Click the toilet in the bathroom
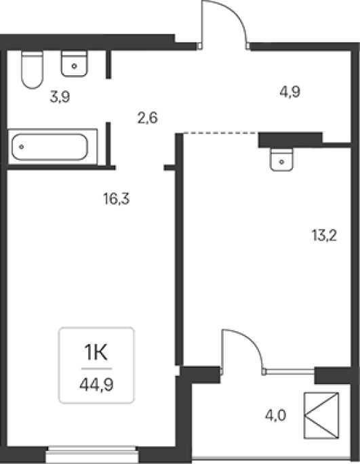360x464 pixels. [33, 70]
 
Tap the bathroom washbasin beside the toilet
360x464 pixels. [75, 64]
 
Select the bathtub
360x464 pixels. [52, 147]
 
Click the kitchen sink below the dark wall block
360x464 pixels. [281, 160]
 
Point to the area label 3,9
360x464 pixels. [60, 97]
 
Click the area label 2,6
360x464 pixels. [147, 118]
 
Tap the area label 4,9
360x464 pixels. [289, 91]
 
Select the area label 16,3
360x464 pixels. [117, 198]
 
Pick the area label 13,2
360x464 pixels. [324, 236]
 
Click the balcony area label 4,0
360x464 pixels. [275, 415]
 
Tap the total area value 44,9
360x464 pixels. [96, 385]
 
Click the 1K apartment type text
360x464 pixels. [96, 352]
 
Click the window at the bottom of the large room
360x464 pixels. [92, 453]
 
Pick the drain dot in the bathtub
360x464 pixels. [21, 147]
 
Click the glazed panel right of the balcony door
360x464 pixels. [289, 370]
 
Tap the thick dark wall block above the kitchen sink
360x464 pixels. [290, 140]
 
